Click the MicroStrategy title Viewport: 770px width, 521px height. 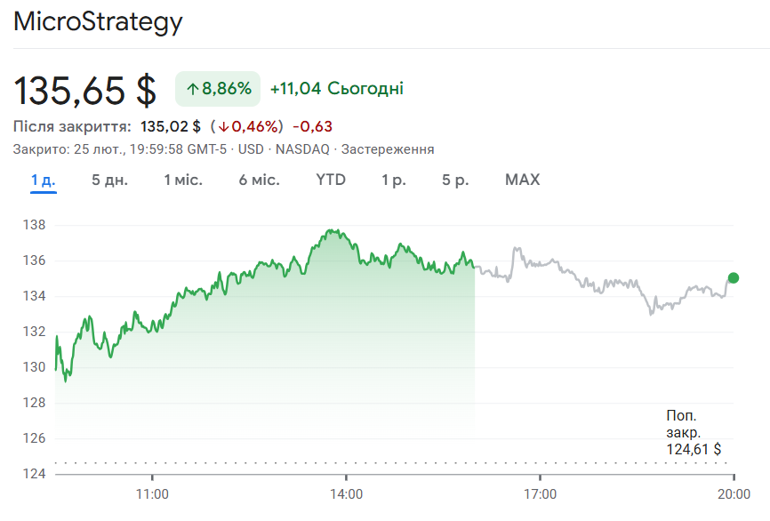click(x=98, y=21)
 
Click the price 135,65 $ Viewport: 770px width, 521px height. click(x=85, y=90)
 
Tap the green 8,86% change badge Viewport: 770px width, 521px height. click(x=218, y=88)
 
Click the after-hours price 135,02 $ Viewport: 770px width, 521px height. click(x=171, y=126)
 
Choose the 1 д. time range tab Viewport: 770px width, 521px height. click(x=43, y=180)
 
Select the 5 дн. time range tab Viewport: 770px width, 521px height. click(x=109, y=180)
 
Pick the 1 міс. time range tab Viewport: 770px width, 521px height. click(x=183, y=180)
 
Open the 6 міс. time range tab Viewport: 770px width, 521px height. click(x=259, y=180)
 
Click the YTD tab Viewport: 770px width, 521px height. click(x=331, y=180)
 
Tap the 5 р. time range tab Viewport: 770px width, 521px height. click(x=455, y=180)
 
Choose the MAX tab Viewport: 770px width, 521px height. click(x=522, y=180)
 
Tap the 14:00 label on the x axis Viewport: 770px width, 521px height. click(x=346, y=493)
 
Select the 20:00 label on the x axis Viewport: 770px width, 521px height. click(x=733, y=493)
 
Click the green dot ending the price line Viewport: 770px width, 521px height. click(x=734, y=278)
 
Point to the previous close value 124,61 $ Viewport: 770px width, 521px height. click(x=694, y=449)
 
